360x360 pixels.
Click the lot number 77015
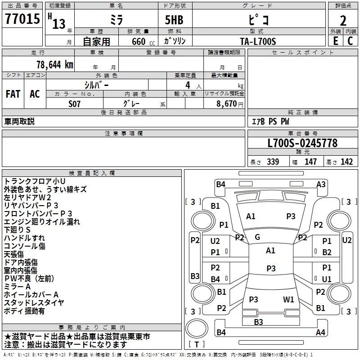tap(22, 20)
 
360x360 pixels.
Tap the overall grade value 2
tap(343, 21)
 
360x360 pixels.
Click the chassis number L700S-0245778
tap(302, 144)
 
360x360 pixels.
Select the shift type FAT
tap(13, 94)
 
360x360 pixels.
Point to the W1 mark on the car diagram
tap(288, 299)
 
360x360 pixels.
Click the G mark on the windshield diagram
tap(257, 237)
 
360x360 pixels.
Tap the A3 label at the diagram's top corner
tap(321, 184)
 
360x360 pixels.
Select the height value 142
tap(346, 162)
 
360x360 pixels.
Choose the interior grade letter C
tap(350, 41)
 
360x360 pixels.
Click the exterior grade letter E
tap(336, 41)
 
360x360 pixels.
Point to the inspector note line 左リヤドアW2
tap(27, 197)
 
